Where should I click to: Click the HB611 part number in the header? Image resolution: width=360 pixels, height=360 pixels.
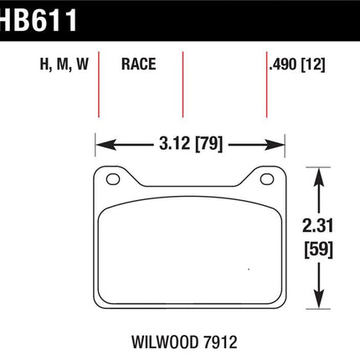click(x=38, y=19)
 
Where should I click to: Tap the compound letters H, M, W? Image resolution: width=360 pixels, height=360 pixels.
click(x=64, y=64)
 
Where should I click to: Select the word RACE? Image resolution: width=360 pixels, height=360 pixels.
click(x=139, y=64)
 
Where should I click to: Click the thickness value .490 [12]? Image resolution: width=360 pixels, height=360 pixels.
click(x=297, y=64)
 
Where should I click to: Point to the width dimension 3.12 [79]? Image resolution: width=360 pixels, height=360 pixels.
click(x=191, y=144)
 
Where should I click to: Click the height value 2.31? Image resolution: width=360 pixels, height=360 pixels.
click(x=318, y=226)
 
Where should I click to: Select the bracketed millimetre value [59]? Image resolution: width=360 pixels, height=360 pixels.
click(x=318, y=249)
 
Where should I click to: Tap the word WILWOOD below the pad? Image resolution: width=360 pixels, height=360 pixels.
click(x=165, y=342)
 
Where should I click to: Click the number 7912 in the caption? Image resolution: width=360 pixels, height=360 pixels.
click(x=220, y=342)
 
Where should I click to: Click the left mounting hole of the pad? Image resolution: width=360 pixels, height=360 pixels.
click(x=113, y=179)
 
